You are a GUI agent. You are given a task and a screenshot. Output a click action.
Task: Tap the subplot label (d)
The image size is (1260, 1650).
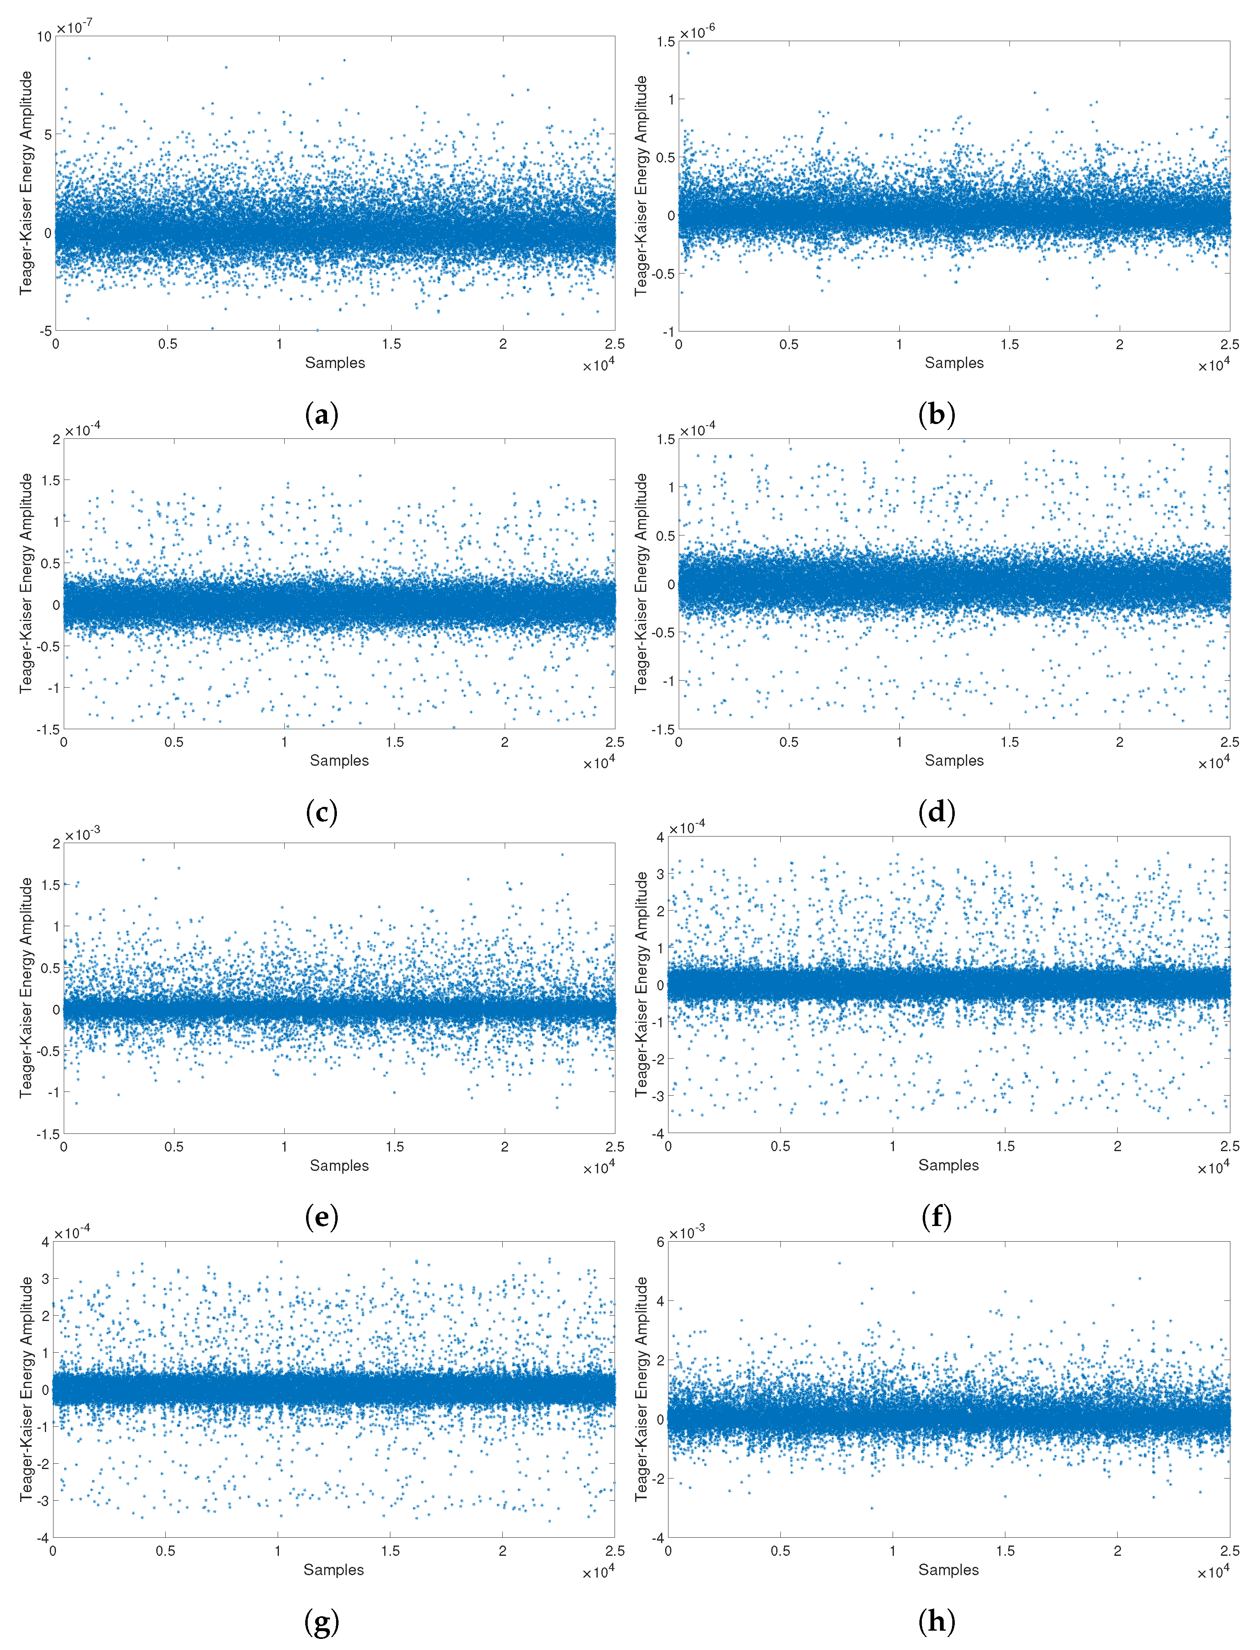(x=937, y=812)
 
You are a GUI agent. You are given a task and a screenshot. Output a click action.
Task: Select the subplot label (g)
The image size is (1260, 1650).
(x=322, y=1622)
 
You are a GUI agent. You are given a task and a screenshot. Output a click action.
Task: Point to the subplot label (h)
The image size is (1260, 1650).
(x=937, y=1622)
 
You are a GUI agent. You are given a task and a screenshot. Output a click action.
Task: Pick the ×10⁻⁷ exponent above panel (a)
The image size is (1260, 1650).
(x=75, y=28)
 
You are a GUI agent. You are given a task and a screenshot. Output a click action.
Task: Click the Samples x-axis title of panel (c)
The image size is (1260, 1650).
(x=339, y=760)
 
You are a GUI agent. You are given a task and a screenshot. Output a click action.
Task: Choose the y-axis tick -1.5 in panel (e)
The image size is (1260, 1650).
(x=49, y=1134)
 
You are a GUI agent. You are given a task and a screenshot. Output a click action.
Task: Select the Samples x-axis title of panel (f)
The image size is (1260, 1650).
(x=949, y=1165)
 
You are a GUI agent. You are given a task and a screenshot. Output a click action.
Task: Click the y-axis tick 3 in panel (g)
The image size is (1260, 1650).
(x=45, y=1279)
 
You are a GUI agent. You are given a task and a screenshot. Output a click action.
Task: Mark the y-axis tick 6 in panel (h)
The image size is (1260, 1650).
(x=660, y=1242)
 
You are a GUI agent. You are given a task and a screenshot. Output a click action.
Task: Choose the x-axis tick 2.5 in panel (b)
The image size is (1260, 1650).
(x=1229, y=344)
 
